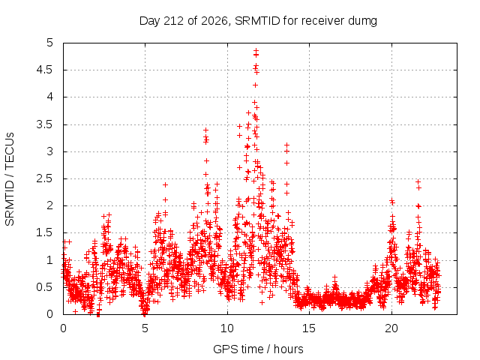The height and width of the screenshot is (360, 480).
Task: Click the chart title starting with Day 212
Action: [258, 21]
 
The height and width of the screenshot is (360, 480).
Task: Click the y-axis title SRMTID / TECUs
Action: [10, 179]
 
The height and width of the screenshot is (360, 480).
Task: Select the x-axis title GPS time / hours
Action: [258, 349]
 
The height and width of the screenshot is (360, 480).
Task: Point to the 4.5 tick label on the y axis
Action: [45, 70]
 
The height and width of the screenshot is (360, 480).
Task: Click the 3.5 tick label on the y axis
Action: [45, 124]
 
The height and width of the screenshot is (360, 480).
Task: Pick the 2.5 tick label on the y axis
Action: [45, 178]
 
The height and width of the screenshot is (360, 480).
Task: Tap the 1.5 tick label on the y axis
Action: [45, 232]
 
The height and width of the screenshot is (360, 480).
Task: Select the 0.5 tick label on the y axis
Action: [45, 287]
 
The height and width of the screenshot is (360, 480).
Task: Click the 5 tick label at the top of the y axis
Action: [50, 43]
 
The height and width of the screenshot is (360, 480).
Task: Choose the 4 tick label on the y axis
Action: [50, 97]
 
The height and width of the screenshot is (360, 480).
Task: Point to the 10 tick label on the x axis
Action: [227, 328]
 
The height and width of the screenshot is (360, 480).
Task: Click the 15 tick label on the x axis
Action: [309, 328]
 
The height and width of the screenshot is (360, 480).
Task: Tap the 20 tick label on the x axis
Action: [391, 328]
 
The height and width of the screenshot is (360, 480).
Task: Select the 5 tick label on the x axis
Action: [145, 328]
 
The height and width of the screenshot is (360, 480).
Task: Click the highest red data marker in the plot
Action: [256, 50]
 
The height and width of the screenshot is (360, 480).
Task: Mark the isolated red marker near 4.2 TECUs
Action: [255, 85]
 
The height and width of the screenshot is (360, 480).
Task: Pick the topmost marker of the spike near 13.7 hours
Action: [286, 145]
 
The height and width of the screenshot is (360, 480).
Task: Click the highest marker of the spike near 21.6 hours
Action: [418, 181]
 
